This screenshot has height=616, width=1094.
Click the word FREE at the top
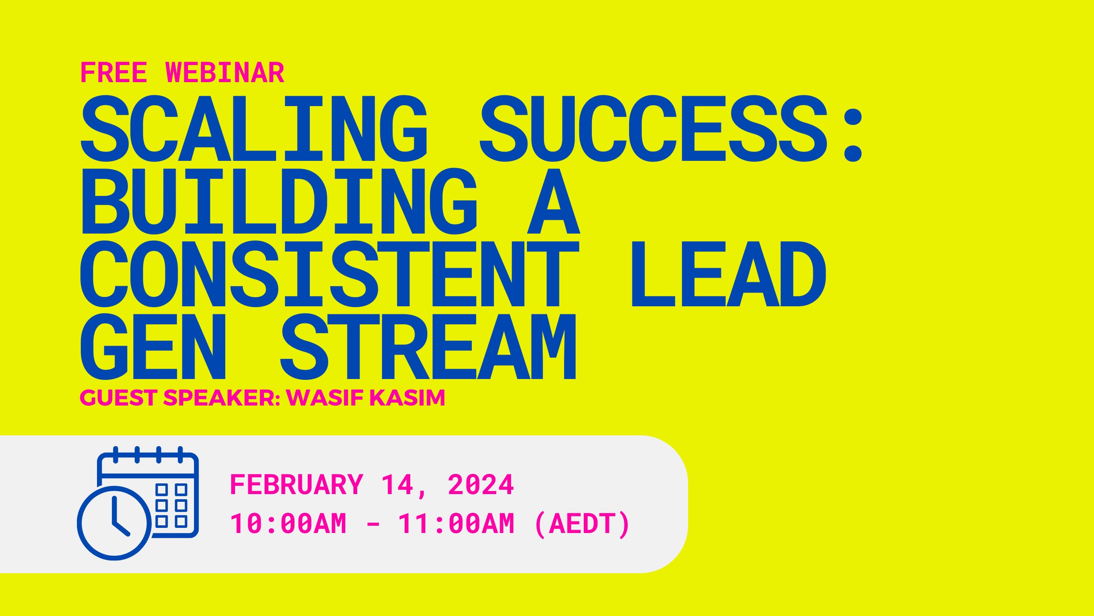(x=114, y=73)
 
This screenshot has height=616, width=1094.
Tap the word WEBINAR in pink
(x=225, y=73)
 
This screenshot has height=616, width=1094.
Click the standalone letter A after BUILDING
(x=553, y=201)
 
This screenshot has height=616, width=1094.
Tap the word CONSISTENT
(x=329, y=274)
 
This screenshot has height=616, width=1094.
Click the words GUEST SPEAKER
(x=179, y=398)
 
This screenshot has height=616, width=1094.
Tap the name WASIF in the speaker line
(x=325, y=398)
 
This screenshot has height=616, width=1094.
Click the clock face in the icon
(x=114, y=523)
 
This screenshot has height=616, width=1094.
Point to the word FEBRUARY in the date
(x=297, y=485)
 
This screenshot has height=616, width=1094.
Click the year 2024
(x=481, y=485)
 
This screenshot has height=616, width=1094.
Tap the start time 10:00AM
(x=288, y=524)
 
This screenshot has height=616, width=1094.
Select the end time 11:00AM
(x=456, y=524)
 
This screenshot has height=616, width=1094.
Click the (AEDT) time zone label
(x=582, y=524)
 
